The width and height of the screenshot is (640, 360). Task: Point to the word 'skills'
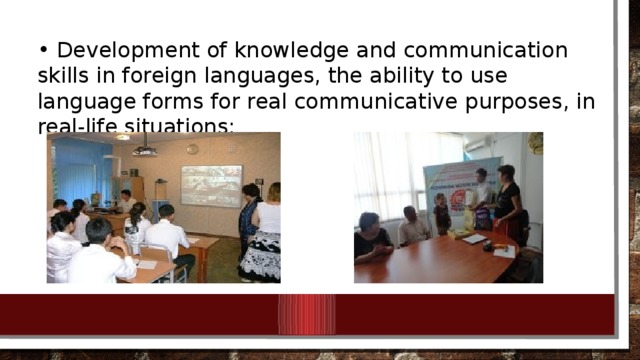coord(64,76)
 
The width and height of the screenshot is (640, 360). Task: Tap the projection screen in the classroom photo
coord(211,185)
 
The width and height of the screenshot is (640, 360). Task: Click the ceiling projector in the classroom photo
coord(145,150)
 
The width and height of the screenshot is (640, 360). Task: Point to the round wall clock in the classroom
coord(192,149)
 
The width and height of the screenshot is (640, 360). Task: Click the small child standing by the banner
coord(441,213)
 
